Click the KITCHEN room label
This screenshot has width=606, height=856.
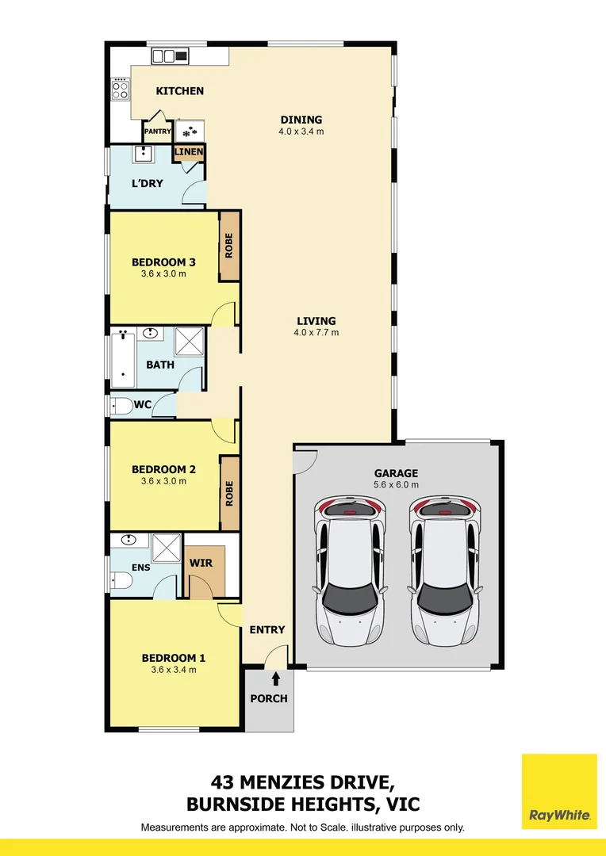point(180,91)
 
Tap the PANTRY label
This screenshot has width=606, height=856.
point(157,132)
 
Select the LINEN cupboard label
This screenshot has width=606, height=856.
point(189,151)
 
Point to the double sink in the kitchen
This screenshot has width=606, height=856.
point(170,55)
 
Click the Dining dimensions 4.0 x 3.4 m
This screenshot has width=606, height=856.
point(301,132)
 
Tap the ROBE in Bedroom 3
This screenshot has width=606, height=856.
point(229,246)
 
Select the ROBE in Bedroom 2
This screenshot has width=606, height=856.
point(229,493)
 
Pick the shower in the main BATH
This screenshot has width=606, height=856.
point(189,341)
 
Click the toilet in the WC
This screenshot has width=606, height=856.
point(121,406)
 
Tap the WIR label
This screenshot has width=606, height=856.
point(201,563)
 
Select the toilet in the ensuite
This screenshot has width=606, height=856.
point(121,580)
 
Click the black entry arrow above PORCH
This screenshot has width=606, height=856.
point(276,678)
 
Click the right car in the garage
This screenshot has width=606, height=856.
point(445,571)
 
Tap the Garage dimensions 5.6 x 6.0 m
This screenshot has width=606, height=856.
point(396,485)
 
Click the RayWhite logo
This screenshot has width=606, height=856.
point(559,792)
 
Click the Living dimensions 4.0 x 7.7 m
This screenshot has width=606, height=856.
point(316,332)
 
